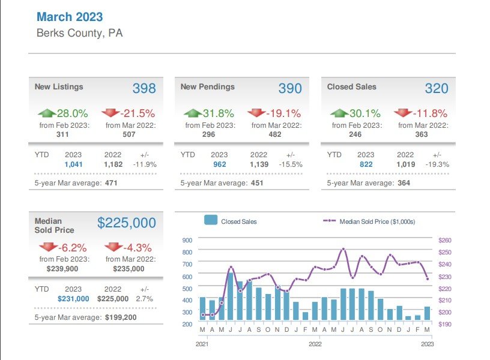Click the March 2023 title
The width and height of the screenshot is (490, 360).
coord(70,17)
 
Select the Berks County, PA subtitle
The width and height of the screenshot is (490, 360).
coord(79,33)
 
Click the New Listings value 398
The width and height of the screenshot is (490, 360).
coord(144,89)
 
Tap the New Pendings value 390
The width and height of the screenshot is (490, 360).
coord(290,89)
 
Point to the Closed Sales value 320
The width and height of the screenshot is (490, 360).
coord(437,89)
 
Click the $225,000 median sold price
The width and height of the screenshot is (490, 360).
coord(127,223)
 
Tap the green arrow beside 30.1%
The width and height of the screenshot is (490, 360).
coord(339,113)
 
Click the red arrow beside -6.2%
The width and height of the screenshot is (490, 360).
coord(47,247)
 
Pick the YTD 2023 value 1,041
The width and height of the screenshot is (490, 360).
coord(73,164)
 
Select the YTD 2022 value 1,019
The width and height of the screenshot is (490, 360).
coord(405,164)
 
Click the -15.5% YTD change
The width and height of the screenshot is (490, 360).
coord(290,164)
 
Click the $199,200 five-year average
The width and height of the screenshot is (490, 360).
coord(120,317)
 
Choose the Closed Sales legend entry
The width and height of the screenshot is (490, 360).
coord(231,221)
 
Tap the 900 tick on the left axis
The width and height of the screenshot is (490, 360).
coord(186,240)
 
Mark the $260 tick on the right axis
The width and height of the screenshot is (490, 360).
coord(445,240)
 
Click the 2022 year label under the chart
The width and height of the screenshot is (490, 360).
coord(315,344)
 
